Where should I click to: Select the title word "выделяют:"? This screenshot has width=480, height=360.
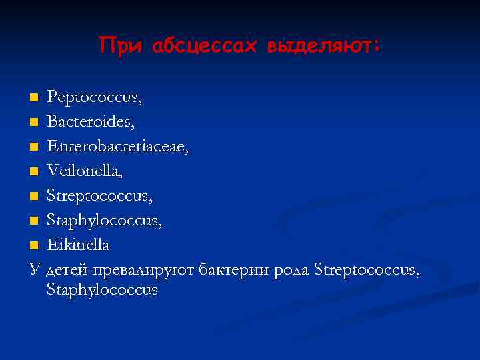323,45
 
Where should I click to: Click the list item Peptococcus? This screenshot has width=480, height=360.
94,98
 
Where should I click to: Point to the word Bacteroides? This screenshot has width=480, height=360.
91,123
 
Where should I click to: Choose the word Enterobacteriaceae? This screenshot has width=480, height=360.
118,147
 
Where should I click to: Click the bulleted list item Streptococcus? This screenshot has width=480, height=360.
99,197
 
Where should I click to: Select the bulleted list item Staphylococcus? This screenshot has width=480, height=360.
104,221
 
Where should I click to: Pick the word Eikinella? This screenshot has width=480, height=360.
78,245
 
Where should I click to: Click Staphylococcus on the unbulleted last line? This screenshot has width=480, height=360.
102,290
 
